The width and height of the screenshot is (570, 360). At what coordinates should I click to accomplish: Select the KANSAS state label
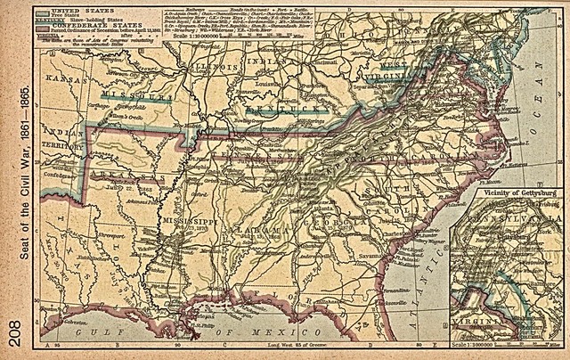tap(61, 80)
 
